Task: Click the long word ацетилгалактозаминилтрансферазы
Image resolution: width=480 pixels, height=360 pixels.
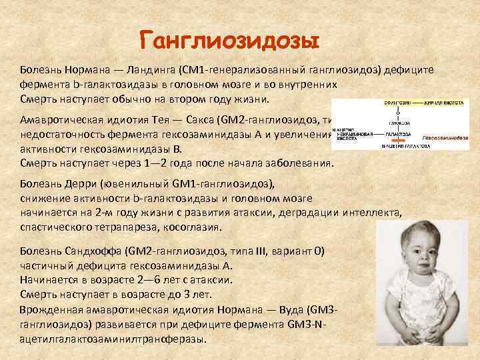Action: (110, 338)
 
